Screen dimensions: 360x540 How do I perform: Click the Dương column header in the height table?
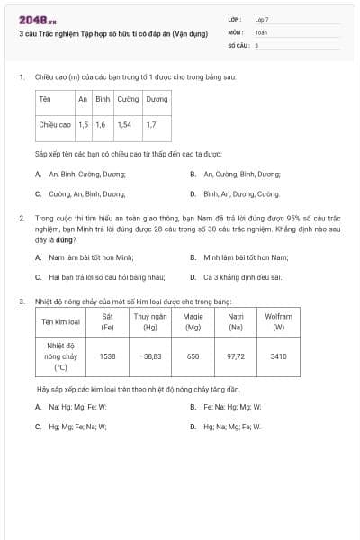(157, 99)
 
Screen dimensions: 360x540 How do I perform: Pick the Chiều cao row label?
(55, 124)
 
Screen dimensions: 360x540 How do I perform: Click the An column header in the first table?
(83, 99)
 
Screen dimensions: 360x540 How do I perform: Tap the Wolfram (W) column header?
(278, 322)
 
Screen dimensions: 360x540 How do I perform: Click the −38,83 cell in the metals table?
(150, 356)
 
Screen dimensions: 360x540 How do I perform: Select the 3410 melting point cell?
(278, 356)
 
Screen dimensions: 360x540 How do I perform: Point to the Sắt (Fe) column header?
(108, 322)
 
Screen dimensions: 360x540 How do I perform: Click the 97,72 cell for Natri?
(236, 356)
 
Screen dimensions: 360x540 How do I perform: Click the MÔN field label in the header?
(235, 31)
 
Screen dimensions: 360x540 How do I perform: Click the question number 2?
(21, 219)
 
